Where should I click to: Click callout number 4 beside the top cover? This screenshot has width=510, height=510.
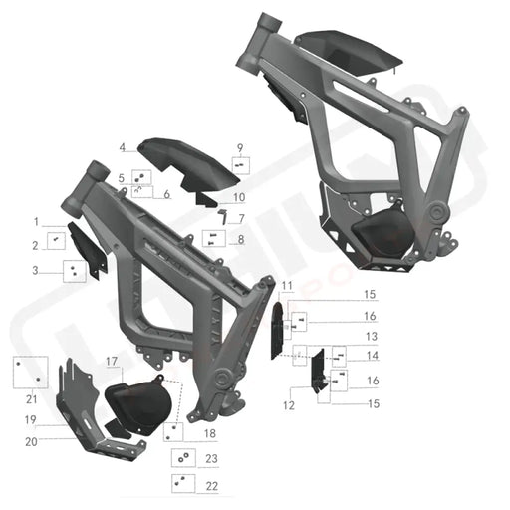pyautogui.click(x=122, y=147)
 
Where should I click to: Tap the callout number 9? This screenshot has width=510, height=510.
pyautogui.click(x=239, y=147)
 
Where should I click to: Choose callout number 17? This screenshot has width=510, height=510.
pyautogui.click(x=113, y=360)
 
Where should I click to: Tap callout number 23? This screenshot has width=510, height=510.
pyautogui.click(x=210, y=459)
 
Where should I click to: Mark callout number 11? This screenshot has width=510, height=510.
pyautogui.click(x=286, y=287)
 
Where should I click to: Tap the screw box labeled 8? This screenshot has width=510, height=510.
pyautogui.click(x=212, y=238)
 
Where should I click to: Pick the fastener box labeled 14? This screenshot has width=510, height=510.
pyautogui.click(x=338, y=355)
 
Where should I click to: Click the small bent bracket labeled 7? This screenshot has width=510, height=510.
pyautogui.click(x=224, y=214)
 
